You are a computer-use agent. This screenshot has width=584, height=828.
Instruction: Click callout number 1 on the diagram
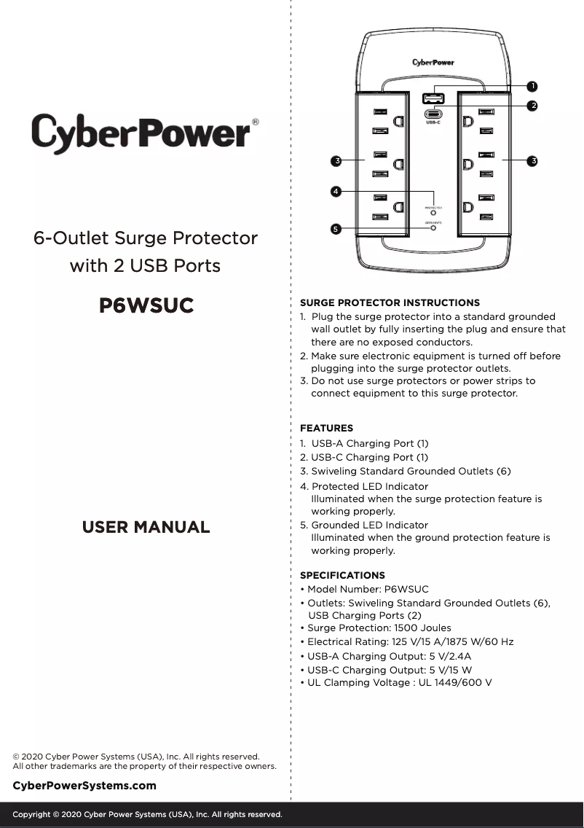coord(533,87)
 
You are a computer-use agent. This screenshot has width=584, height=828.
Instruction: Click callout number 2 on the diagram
coord(533,106)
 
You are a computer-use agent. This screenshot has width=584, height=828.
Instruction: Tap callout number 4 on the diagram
coord(335,191)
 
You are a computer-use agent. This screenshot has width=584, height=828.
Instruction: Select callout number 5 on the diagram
coord(335,229)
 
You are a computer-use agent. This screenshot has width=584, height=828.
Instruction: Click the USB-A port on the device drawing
coord(433,98)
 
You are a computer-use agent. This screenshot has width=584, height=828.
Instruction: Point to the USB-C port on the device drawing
coord(433,114)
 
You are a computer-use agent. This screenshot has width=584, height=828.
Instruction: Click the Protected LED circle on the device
coord(433,214)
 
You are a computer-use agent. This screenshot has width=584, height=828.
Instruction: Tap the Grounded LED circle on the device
coord(433,227)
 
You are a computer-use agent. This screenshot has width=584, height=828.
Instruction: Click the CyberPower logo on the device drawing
coord(433,63)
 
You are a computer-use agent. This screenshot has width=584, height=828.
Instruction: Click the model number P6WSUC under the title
coord(146,306)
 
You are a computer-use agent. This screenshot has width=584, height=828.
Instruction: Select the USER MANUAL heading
coord(146,527)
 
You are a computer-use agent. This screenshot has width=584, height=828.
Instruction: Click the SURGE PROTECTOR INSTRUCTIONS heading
coord(390,302)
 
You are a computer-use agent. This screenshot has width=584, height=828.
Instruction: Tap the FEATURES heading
coord(326,429)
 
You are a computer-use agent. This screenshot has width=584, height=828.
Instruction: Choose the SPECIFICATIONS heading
coord(342,575)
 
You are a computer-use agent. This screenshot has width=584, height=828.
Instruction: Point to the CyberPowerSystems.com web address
coord(84,785)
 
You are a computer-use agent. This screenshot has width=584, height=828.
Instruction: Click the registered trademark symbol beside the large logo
coord(255,122)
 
